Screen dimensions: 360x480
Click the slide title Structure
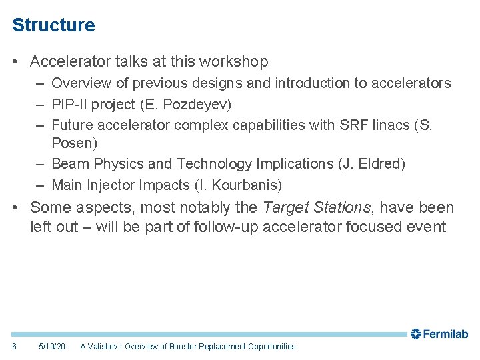[x=53, y=25]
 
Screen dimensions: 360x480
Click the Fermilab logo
[x=439, y=334]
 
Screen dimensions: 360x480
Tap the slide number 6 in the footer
[x=15, y=347]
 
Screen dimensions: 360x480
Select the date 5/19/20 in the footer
[x=52, y=347]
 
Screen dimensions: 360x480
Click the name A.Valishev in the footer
[x=99, y=347]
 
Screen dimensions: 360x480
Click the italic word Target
[x=285, y=208]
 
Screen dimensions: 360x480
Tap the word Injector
[x=111, y=185]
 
